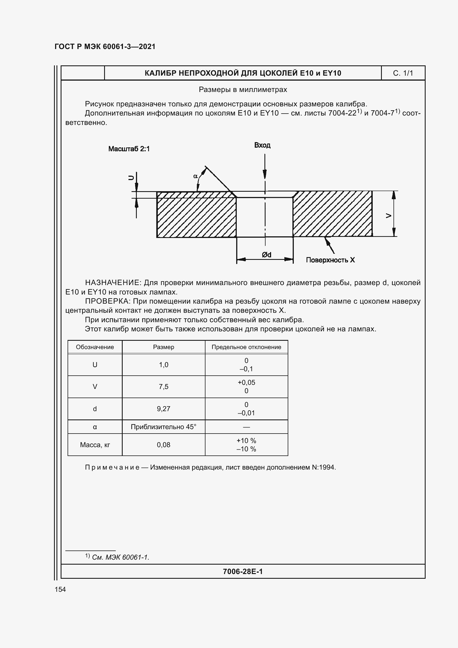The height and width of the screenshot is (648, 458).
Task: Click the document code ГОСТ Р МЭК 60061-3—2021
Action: click(x=105, y=47)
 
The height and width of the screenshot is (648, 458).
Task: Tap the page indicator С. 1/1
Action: click(x=403, y=73)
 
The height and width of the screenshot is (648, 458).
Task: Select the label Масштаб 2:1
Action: click(x=129, y=149)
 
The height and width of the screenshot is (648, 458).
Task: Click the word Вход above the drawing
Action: click(x=262, y=145)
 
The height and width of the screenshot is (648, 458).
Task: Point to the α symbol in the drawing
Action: click(x=195, y=176)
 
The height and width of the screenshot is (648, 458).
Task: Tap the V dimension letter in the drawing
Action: click(x=388, y=216)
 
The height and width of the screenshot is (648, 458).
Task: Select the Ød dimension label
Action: click(x=266, y=255)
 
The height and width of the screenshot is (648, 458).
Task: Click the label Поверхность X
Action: click(x=330, y=260)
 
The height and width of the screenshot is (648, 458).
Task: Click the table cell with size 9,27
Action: click(x=164, y=409)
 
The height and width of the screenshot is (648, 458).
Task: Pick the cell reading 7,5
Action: click(x=164, y=387)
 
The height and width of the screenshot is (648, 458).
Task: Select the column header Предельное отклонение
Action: click(x=246, y=347)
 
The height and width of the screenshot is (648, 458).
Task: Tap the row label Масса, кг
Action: click(x=95, y=445)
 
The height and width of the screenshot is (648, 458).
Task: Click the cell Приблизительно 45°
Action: click(x=164, y=427)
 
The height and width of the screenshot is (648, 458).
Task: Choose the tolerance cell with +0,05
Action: click(x=246, y=383)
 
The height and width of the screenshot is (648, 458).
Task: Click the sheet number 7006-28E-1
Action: click(x=243, y=572)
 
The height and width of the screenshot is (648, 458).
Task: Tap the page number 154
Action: click(x=60, y=589)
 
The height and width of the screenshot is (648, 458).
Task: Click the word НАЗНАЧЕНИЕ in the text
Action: click(x=112, y=283)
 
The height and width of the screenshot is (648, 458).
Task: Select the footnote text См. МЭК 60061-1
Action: click(x=120, y=557)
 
